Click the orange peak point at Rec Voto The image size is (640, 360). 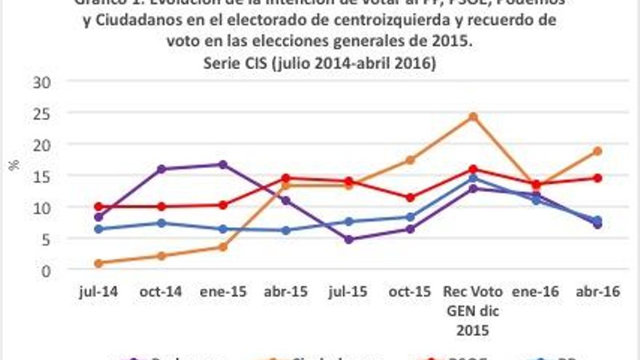[x=473, y=116]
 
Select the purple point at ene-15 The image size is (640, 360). [x=223, y=164]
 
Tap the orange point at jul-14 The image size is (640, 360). [x=98, y=263]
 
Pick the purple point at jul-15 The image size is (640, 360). [x=348, y=239]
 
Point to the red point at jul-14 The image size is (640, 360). [x=98, y=207]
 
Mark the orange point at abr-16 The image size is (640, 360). [x=597, y=151]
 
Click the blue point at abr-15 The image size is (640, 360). [x=286, y=231]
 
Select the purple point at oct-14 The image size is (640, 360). [x=161, y=169]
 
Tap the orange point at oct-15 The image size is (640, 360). [x=410, y=160]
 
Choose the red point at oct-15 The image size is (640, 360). [x=410, y=198]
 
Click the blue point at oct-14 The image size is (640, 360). [x=161, y=223]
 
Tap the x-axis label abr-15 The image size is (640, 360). [x=286, y=292]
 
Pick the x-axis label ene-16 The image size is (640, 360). [x=535, y=292]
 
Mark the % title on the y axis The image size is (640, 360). [x=13, y=165]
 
